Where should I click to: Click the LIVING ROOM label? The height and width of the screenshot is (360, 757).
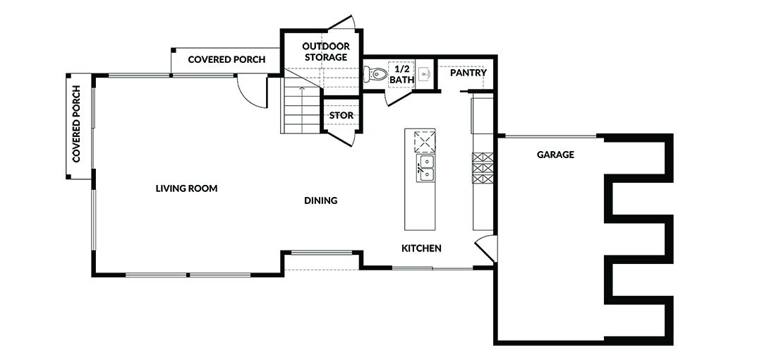click(x=186, y=188)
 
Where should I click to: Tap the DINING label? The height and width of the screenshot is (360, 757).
click(x=320, y=200)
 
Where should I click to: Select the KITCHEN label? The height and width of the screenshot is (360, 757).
click(x=421, y=248)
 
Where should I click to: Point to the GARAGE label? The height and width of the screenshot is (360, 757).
click(x=556, y=155)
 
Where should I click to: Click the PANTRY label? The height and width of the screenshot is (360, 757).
click(x=468, y=73)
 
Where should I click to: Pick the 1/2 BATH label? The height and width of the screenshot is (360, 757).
click(x=401, y=74)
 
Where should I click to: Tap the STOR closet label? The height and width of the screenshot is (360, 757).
click(x=341, y=116)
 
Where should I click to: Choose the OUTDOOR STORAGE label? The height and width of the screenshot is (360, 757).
click(x=326, y=52)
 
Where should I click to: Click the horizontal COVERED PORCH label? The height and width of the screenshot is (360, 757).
click(x=226, y=60)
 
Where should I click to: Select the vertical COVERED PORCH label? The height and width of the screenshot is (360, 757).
click(x=76, y=124)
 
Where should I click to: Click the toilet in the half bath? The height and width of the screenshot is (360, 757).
click(x=375, y=74)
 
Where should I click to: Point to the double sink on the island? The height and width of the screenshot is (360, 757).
click(x=425, y=168)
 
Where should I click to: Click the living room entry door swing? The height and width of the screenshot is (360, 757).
click(x=252, y=92)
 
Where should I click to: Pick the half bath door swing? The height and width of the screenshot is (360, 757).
click(x=399, y=97)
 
